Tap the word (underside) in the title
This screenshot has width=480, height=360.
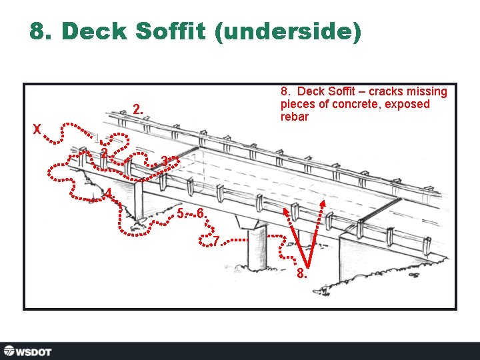click(x=289, y=32)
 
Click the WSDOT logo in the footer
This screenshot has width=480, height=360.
click(x=28, y=351)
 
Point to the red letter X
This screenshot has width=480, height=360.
click(x=37, y=129)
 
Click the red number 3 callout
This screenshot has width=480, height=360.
click(x=165, y=161)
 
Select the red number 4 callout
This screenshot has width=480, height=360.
click(x=108, y=193)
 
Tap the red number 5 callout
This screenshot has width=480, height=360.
click(x=181, y=213)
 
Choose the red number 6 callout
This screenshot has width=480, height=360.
click(x=199, y=213)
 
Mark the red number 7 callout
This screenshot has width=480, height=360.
click(x=216, y=240)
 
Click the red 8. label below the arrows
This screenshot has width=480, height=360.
click(x=302, y=273)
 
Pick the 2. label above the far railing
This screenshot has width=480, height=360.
click(x=137, y=108)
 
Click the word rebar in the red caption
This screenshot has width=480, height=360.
click(x=294, y=117)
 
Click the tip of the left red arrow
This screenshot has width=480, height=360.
click(x=288, y=209)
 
